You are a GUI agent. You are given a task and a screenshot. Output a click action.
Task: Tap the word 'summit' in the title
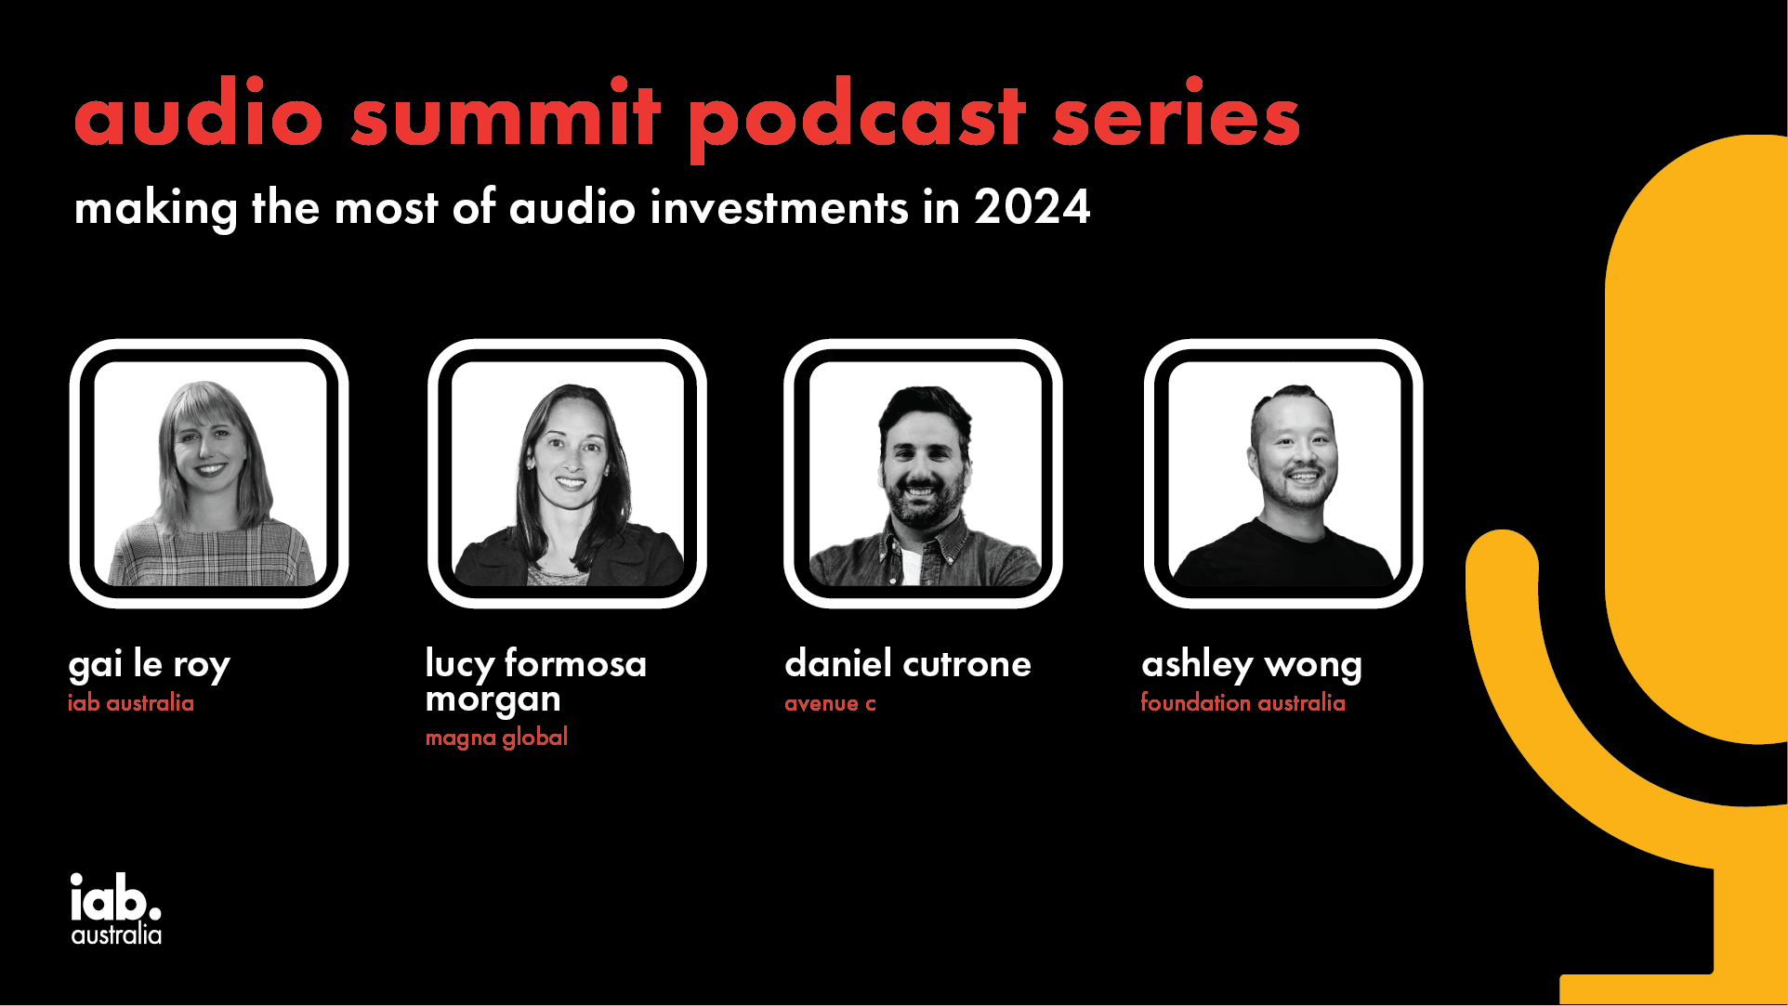[506, 112]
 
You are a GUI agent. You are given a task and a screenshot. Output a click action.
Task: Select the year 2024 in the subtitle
[1032, 207]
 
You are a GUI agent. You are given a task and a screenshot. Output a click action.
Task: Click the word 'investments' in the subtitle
[779, 207]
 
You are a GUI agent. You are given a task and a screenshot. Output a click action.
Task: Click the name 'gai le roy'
[150, 665]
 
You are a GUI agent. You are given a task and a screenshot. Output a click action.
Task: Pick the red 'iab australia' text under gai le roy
[131, 703]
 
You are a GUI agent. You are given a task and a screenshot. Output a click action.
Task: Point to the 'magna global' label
[496, 738]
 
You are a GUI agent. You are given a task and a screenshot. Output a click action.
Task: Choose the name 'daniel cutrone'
[908, 664]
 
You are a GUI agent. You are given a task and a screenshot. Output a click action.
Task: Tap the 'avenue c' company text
[830, 703]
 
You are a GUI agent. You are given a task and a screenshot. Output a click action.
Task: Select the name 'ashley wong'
[1252, 665]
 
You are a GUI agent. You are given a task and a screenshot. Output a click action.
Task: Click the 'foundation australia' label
[1243, 703]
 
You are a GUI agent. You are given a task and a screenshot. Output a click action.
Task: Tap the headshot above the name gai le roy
[210, 474]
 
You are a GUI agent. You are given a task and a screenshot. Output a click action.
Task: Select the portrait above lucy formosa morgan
[568, 474]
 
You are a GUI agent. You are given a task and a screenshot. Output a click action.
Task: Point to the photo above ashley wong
[1283, 474]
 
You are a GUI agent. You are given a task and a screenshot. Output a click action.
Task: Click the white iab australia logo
[116, 908]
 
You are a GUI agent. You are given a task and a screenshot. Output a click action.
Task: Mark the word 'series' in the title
[1176, 112]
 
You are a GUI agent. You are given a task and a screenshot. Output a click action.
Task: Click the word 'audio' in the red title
[199, 112]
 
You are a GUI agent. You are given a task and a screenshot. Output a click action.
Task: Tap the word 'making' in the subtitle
[155, 209]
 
